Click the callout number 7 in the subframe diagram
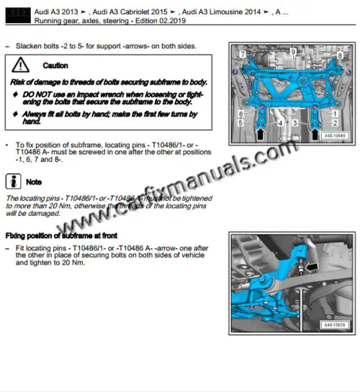tap(243, 55)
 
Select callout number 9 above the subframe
tap(293, 52)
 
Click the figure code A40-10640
tap(333, 135)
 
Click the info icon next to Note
tap(13, 181)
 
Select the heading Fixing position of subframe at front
tap(61, 236)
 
